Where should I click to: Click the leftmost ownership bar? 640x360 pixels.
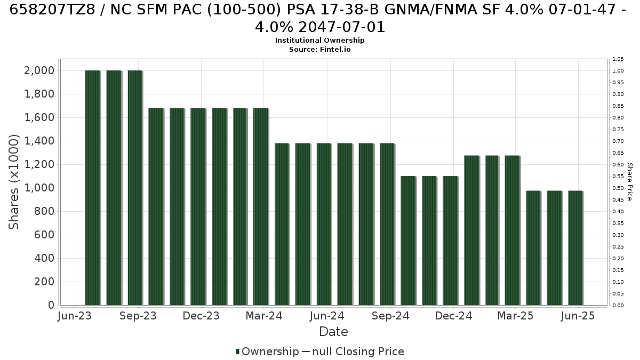click(93, 188)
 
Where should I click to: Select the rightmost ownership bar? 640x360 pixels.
click(575, 247)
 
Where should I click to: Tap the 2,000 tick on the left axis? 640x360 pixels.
click(39, 70)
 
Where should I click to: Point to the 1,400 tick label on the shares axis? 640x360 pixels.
click(39, 141)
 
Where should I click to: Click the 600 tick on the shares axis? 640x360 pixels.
click(44, 235)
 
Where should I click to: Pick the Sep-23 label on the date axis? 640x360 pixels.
click(138, 316)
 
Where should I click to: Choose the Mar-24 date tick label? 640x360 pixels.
click(264, 316)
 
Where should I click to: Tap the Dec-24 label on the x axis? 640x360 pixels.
click(453, 316)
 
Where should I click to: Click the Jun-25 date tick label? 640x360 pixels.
click(578, 316)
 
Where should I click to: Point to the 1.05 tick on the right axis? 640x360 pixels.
click(618, 59)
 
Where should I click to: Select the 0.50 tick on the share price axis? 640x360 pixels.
click(618, 188)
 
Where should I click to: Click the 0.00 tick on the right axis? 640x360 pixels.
click(618, 306)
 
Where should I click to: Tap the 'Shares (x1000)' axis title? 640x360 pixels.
click(14, 182)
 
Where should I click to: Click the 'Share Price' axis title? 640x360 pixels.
click(630, 182)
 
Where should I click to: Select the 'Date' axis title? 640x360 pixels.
click(333, 332)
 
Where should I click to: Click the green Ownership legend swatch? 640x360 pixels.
click(237, 351)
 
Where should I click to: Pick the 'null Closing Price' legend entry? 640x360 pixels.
click(358, 351)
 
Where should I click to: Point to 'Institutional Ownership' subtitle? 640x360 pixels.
click(319, 41)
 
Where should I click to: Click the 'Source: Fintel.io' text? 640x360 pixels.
click(319, 50)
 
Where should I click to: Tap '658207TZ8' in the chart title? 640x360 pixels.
click(52, 10)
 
